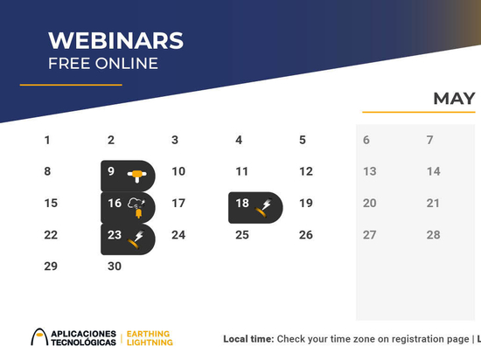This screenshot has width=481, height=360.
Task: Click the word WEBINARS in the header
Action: (115, 40)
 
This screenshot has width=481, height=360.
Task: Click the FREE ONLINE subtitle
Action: (103, 64)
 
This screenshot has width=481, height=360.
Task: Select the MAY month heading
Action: (454, 99)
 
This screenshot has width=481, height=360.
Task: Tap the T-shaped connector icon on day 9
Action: (137, 176)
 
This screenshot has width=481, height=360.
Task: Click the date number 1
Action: (47, 140)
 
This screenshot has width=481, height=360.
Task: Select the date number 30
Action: (115, 266)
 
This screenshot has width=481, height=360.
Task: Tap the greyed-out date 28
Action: (433, 235)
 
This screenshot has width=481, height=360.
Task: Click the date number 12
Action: (306, 171)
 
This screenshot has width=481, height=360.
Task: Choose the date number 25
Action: (242, 235)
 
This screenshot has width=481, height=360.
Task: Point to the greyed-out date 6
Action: (366, 140)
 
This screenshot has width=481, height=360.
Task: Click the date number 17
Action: (178, 203)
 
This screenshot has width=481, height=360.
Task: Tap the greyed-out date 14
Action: (434, 171)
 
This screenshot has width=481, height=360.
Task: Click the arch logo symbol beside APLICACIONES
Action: (39, 336)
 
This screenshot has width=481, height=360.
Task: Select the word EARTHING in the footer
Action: (148, 334)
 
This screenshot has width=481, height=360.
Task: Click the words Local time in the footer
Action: (248, 339)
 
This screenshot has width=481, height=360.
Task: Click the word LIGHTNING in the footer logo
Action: (150, 343)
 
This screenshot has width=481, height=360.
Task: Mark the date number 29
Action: (51, 266)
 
